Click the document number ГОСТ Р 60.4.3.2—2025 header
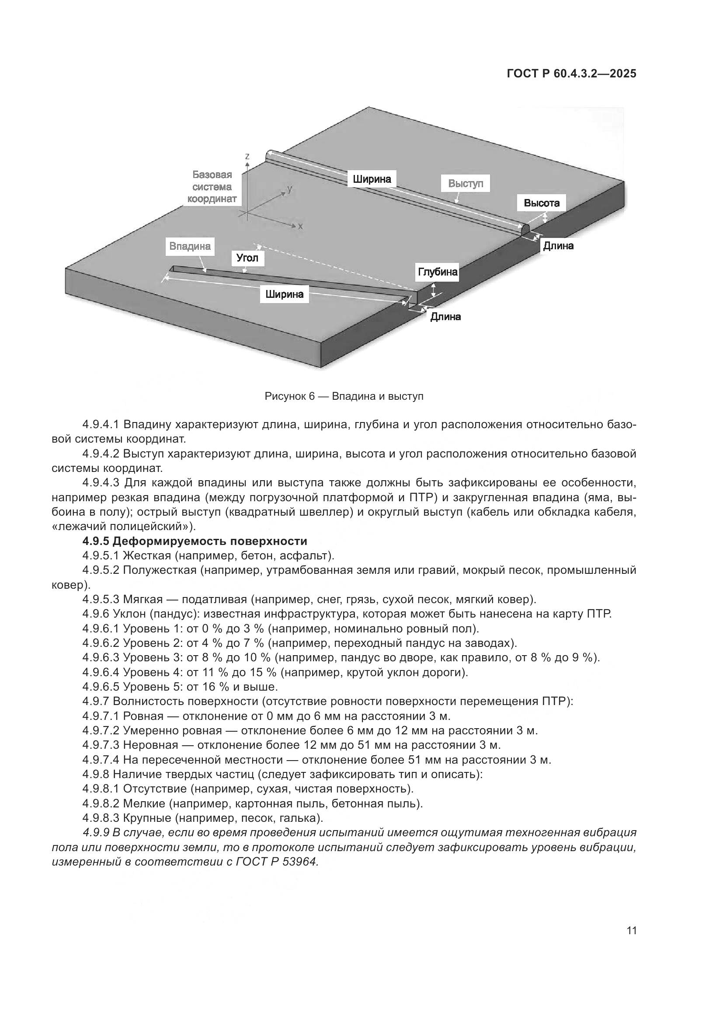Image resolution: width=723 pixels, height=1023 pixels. (x=572, y=74)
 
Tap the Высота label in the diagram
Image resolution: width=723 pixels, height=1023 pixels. (x=541, y=203)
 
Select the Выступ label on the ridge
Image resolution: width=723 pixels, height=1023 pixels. (x=465, y=184)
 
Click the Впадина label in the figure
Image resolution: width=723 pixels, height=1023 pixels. (x=190, y=246)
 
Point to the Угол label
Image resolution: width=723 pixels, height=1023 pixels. (x=247, y=258)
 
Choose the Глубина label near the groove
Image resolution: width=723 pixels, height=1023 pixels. (x=437, y=272)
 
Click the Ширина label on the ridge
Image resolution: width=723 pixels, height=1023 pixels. (x=372, y=179)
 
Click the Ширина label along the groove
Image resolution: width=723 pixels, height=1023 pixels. (x=284, y=294)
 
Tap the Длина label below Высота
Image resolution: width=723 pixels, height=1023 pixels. (x=558, y=246)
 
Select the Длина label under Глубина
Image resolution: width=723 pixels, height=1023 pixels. (x=445, y=317)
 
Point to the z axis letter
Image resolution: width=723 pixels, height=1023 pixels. (x=247, y=157)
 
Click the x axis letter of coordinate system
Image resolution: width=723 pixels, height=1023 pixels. (x=300, y=227)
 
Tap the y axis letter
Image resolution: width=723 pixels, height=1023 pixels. (x=290, y=189)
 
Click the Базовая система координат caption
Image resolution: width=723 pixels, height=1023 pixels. (x=212, y=187)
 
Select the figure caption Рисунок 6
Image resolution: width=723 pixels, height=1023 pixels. (x=344, y=396)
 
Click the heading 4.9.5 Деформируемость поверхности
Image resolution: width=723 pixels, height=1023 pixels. (x=195, y=541)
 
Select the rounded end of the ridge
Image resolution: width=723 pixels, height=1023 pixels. (x=525, y=231)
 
